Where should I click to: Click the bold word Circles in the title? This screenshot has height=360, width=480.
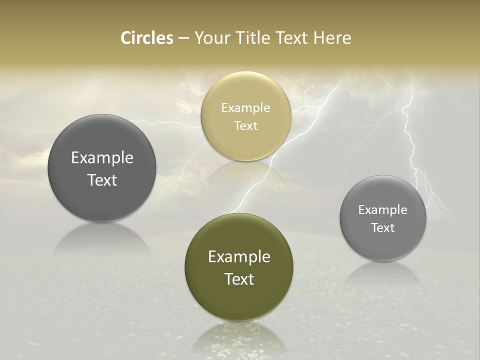click(147, 38)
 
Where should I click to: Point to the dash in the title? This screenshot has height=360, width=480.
click(183, 38)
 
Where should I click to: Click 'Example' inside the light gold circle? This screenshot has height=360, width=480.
click(245, 107)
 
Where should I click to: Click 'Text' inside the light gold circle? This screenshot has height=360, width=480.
click(245, 125)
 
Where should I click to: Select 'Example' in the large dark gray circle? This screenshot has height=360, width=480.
click(102, 157)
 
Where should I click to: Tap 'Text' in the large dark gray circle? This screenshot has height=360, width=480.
click(102, 180)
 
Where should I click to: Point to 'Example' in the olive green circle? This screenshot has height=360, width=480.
click(239, 256)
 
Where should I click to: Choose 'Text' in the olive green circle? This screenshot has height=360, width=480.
click(239, 279)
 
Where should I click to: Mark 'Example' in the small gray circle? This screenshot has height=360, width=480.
click(383, 209)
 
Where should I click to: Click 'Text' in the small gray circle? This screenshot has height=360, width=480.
click(383, 227)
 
